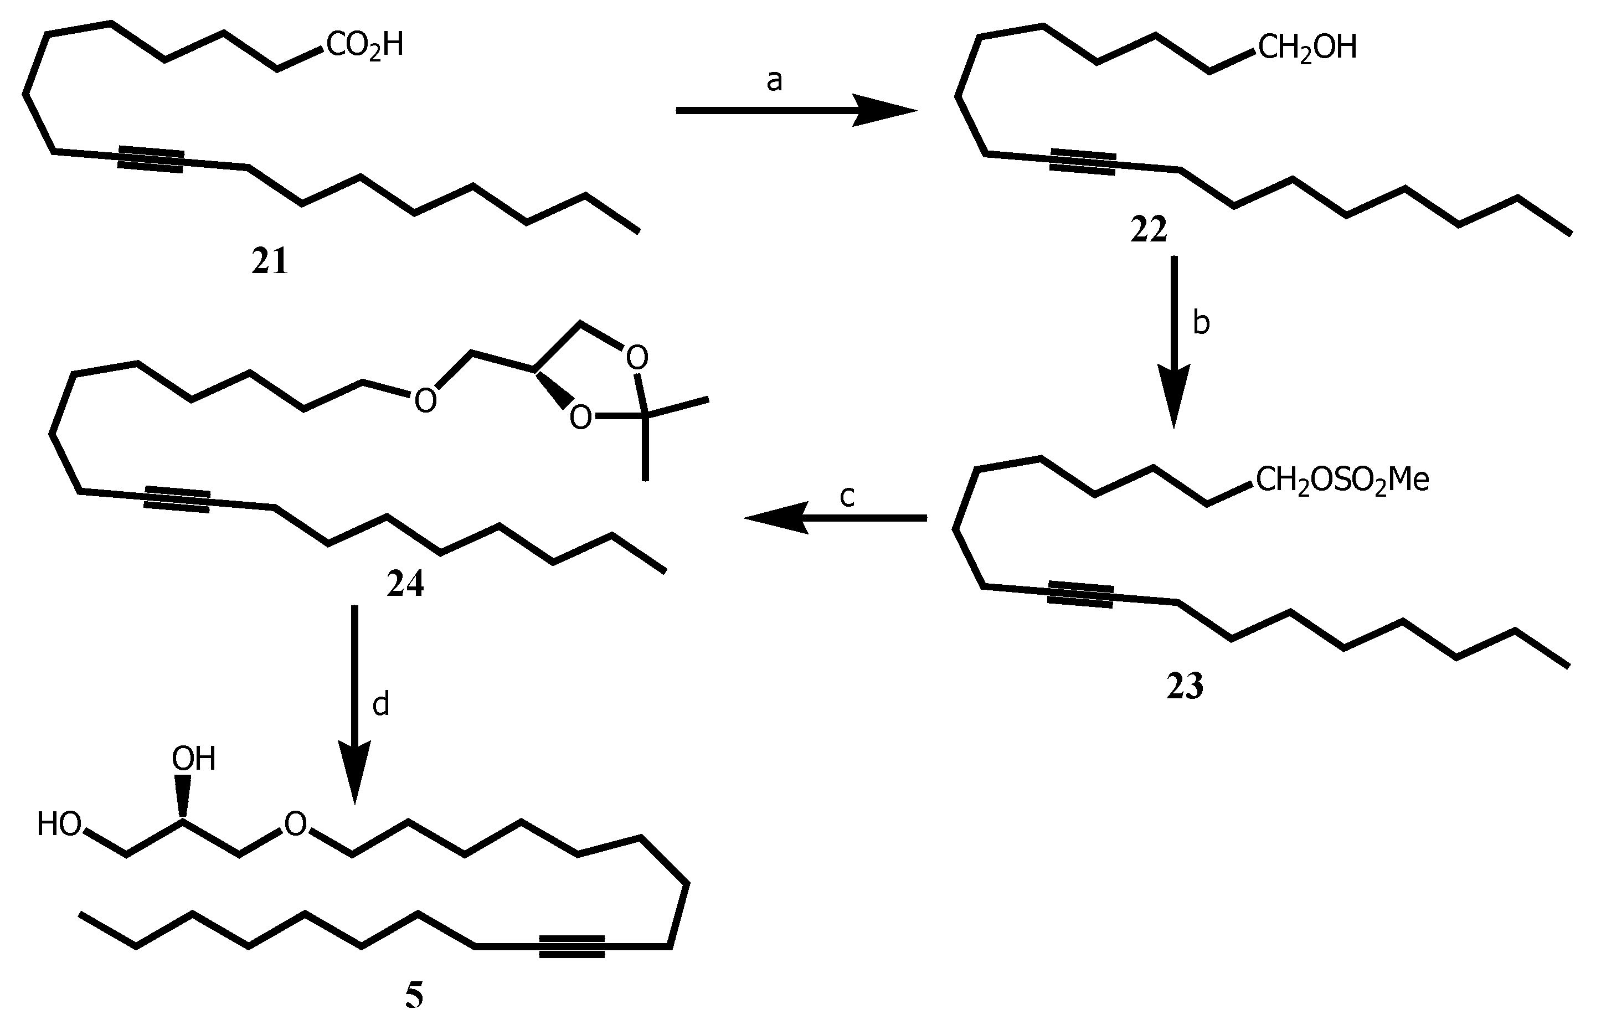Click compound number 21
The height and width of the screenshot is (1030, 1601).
[x=270, y=261]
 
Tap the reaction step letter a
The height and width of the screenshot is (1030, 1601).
[x=774, y=81]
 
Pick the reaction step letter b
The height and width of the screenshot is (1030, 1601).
[x=1201, y=323]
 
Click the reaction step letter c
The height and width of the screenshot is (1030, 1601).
[x=847, y=496]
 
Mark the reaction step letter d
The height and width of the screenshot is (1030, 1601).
[x=380, y=704]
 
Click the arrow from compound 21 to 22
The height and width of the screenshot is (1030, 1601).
[x=796, y=110]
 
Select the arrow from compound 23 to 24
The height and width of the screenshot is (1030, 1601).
[x=836, y=518]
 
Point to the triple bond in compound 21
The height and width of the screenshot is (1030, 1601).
[x=151, y=159]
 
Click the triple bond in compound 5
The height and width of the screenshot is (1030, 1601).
[x=572, y=946]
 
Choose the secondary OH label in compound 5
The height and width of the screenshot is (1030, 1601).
[x=194, y=759]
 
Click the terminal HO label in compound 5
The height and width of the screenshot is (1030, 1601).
[x=59, y=824]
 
